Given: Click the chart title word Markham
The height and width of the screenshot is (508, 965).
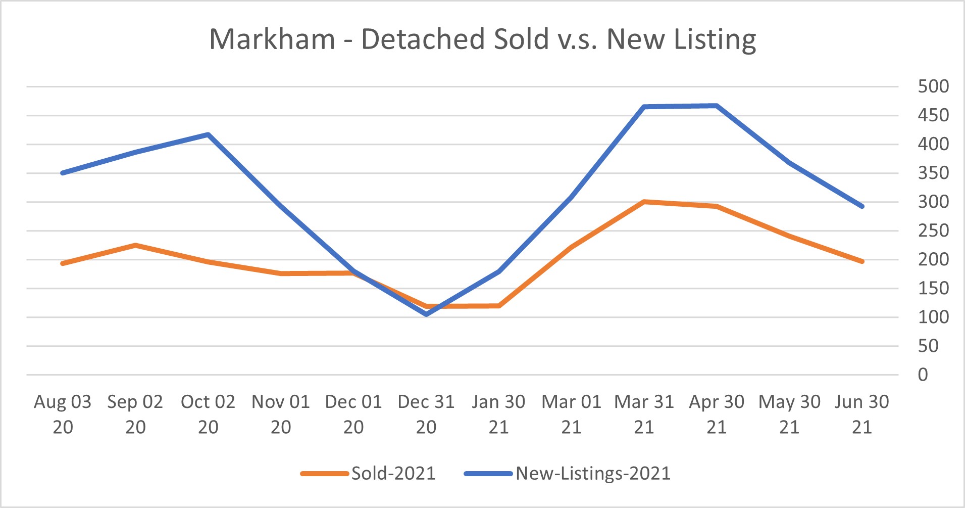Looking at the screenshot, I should click(x=272, y=39).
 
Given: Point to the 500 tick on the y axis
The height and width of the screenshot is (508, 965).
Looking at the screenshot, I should click(x=933, y=86).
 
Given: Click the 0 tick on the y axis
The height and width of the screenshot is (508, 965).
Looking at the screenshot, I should click(x=923, y=375).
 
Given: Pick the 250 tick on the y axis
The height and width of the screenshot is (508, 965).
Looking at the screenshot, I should click(x=933, y=231).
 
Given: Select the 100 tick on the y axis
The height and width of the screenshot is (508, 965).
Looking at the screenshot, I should click(x=933, y=317).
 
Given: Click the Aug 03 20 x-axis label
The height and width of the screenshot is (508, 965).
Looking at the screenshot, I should click(x=63, y=414).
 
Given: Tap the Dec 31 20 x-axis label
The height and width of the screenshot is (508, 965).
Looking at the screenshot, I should click(x=426, y=414).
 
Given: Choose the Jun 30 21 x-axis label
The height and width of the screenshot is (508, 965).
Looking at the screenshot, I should click(x=862, y=414).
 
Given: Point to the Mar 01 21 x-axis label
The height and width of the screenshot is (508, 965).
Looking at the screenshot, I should click(x=571, y=414).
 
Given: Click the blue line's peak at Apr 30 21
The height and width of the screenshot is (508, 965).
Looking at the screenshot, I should click(x=717, y=106).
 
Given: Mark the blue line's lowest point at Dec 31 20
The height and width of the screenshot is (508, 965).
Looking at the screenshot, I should click(x=426, y=314).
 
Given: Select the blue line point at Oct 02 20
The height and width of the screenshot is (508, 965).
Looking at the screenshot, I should click(x=208, y=134).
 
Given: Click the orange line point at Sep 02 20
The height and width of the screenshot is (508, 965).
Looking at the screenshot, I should click(x=135, y=245).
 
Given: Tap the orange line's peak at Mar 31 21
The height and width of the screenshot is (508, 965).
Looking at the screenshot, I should click(x=644, y=202).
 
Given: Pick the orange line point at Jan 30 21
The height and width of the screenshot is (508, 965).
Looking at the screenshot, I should click(x=499, y=306).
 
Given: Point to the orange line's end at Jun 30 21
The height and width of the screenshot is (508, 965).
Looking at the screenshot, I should click(x=862, y=261).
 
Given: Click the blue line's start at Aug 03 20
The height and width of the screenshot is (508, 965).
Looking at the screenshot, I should click(x=63, y=173).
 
